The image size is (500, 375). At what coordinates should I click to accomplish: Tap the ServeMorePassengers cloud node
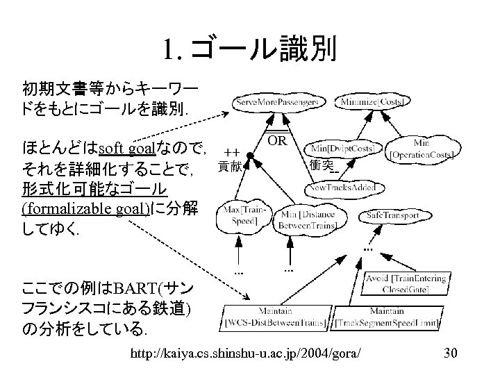(x=278, y=102)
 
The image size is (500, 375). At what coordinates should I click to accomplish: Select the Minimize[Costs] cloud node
(x=372, y=102)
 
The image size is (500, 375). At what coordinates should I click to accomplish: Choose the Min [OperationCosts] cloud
(x=423, y=148)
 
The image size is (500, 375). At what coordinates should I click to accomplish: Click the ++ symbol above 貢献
(x=231, y=150)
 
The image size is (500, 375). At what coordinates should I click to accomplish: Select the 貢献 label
(x=231, y=166)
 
